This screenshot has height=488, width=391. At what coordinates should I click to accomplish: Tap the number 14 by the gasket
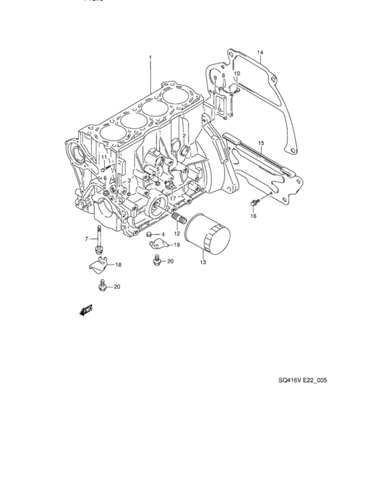(259, 53)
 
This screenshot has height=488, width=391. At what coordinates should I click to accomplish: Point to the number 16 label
(253, 216)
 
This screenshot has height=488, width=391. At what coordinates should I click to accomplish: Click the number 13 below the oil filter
(202, 262)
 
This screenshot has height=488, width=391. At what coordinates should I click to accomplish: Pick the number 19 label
(177, 245)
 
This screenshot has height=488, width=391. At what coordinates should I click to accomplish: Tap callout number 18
(119, 265)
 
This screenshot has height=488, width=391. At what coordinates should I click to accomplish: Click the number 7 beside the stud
(87, 239)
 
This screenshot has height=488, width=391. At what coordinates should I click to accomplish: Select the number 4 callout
(163, 234)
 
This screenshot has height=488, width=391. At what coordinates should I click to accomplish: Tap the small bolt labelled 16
(254, 202)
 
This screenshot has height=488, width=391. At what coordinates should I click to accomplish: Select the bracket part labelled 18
(99, 265)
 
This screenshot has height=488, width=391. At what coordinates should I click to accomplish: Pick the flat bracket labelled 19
(159, 244)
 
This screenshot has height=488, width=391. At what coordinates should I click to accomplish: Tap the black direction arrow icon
(87, 310)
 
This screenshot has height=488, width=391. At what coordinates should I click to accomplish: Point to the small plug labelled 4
(149, 234)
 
